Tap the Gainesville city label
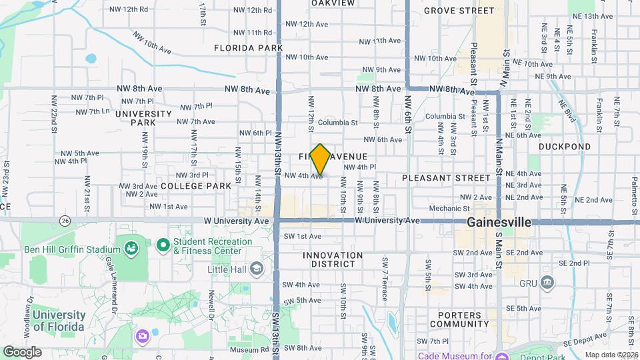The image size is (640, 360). (499, 221)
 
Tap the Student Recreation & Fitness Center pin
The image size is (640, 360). (163, 245)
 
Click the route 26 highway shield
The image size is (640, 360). (65, 220)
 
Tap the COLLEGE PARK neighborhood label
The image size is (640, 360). (195, 185)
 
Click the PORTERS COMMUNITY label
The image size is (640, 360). (464, 320)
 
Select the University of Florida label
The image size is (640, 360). (59, 321)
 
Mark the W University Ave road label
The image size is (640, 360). (387, 220)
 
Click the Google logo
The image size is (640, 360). (22, 351)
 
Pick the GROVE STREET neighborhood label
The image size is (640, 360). (469, 11)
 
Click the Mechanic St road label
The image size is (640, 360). (445, 209)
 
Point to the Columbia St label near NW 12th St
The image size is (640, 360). (337, 123)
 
